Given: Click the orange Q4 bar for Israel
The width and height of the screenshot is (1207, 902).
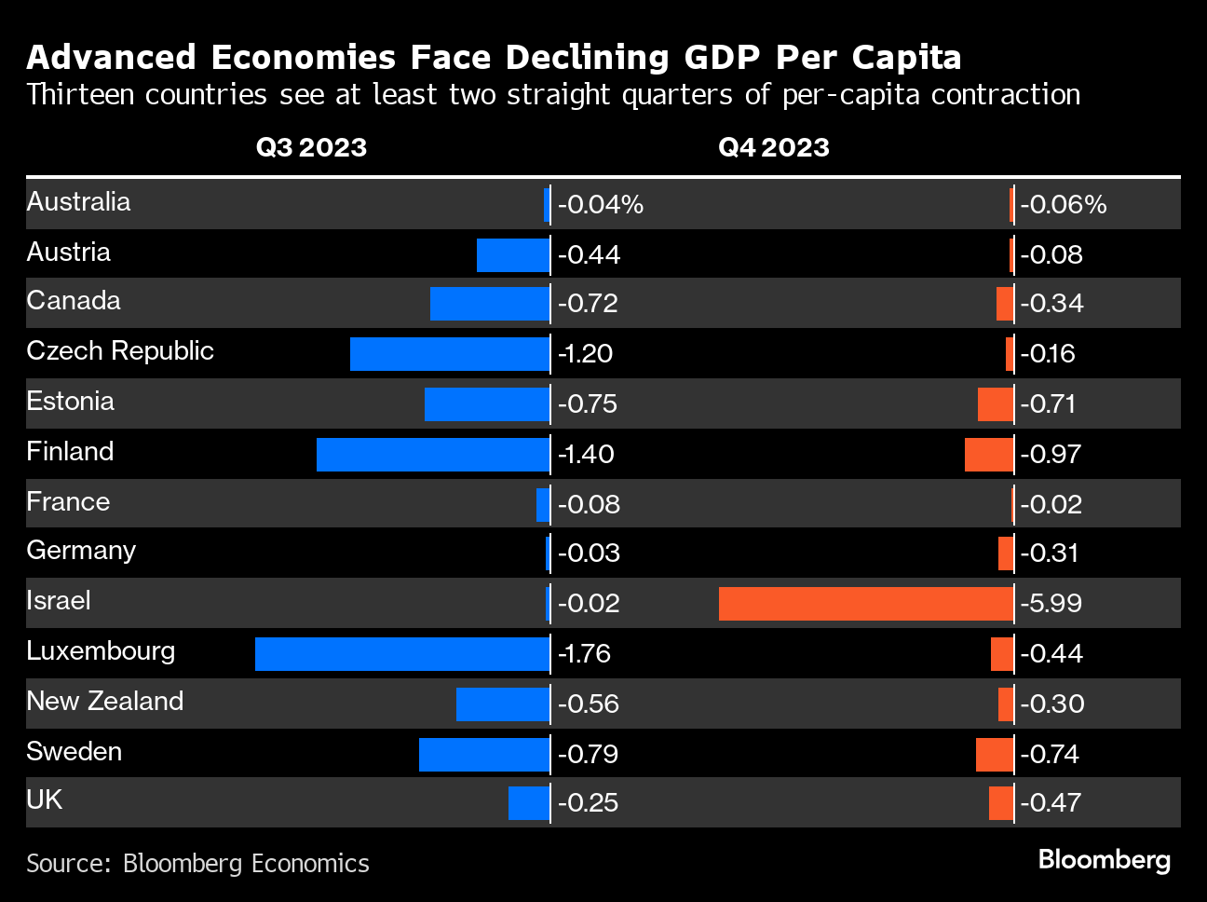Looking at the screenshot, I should [866, 604].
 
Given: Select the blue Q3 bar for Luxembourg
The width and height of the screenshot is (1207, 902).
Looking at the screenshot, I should [402, 654].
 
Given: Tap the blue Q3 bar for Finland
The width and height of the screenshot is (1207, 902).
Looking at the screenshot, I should [433, 455].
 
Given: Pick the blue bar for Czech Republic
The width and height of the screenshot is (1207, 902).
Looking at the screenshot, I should [450, 354].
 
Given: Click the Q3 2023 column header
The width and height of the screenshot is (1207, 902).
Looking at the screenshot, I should [311, 147].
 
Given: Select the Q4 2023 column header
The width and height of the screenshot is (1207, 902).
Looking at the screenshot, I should [773, 147].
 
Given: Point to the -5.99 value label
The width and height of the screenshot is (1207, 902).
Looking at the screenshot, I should [1051, 604].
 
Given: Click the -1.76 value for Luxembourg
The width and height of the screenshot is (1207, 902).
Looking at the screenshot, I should [584, 654].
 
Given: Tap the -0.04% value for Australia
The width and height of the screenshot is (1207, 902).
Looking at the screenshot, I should [601, 205].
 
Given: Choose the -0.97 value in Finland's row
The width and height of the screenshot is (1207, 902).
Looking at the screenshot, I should [1051, 455].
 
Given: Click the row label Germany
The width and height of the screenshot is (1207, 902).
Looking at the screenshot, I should [81, 551].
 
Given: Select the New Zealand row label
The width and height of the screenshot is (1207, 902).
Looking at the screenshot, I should [105, 701].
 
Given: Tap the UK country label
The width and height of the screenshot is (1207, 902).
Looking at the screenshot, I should [44, 800].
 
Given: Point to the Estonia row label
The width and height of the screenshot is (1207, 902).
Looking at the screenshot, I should [70, 402].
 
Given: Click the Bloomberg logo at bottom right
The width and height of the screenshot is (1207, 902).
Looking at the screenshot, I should [1104, 859].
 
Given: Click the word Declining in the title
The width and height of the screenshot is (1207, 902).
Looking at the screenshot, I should [586, 58].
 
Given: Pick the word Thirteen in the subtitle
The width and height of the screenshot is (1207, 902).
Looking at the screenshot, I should [80, 95].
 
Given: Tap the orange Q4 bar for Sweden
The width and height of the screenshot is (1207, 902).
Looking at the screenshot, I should [994, 755].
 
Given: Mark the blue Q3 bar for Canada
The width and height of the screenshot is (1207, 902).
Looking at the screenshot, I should [490, 304].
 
